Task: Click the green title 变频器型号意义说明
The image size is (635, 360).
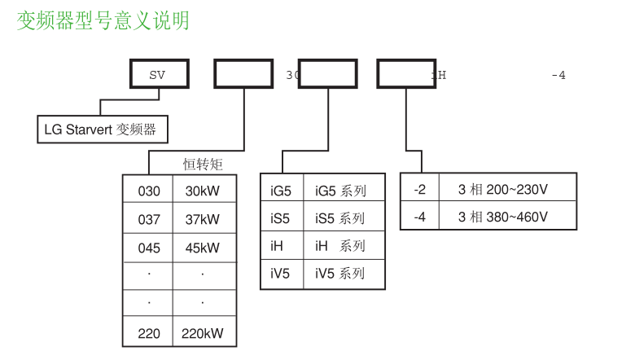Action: [x=103, y=20]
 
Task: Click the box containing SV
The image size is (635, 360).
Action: [x=159, y=75]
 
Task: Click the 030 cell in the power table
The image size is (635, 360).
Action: [x=149, y=191]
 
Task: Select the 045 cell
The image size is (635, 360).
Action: [x=149, y=248]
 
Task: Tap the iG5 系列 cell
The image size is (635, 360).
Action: [x=340, y=191]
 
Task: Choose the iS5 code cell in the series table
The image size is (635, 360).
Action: [x=281, y=218]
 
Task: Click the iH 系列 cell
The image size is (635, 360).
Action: [x=340, y=246]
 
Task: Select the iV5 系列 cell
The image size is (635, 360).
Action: [x=340, y=274]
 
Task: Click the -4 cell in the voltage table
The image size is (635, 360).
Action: [x=419, y=217]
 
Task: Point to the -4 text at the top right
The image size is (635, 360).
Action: [x=558, y=76]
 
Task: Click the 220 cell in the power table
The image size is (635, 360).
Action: [x=149, y=333]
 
